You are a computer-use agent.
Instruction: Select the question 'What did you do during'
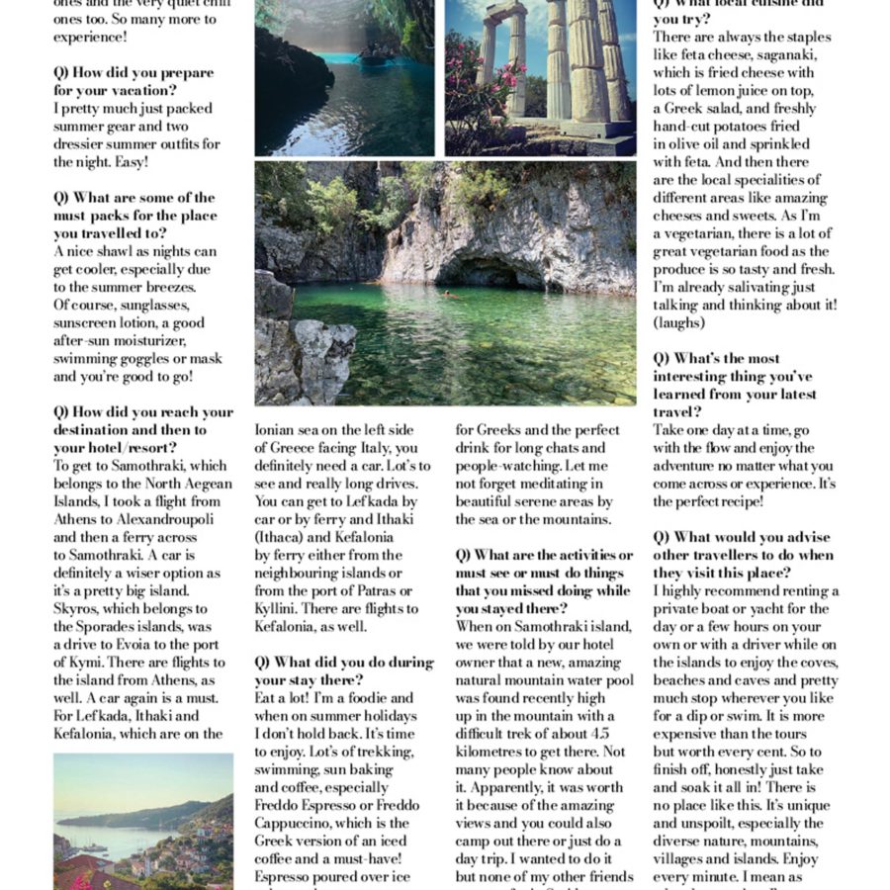344,663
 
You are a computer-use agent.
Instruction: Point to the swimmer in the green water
447,294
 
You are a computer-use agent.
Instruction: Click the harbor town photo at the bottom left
142,821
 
